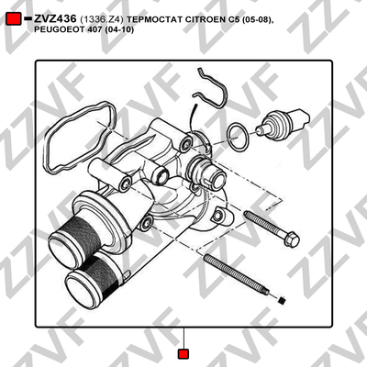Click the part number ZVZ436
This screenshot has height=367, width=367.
coord(55,19)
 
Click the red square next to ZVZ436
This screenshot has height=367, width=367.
coord(14,19)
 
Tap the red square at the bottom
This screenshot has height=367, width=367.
coord(183,354)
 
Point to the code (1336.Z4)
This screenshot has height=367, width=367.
coord(102,20)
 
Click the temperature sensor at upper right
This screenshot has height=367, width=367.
coord(282,125)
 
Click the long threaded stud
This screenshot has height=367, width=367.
coord(237,274)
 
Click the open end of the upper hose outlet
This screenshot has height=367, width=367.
coord(62,249)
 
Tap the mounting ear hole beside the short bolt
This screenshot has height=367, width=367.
coord(217,216)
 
